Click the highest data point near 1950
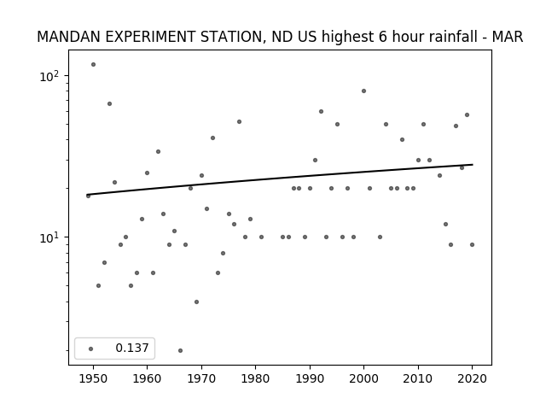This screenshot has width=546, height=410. (93, 65)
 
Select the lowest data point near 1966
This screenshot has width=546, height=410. (180, 350)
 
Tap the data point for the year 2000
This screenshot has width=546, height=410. (364, 91)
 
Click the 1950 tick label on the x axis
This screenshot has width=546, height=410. (93, 378)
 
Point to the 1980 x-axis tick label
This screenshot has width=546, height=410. (255, 378)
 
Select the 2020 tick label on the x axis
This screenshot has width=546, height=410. (472, 378)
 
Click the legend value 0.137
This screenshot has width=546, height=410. (132, 348)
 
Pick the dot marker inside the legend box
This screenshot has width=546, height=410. (90, 348)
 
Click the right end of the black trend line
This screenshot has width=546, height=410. (473, 164)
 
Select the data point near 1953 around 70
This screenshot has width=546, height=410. (109, 104)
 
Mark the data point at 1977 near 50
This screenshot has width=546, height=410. (239, 121)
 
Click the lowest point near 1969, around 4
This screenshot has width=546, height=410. (196, 302)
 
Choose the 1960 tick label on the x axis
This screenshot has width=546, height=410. (147, 378)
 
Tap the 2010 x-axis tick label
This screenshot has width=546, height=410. (418, 378)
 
